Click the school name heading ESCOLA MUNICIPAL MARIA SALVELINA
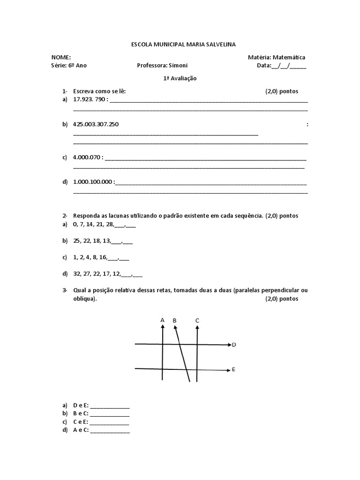tap(183, 44)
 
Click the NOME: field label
tap(61, 57)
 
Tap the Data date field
tap(281, 66)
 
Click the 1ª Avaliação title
tap(180, 79)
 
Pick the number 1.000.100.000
tap(93, 182)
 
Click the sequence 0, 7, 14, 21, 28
tap(93, 225)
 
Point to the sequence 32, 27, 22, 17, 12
tap(97, 274)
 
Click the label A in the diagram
tap(163, 320)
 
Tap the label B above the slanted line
tap(174, 321)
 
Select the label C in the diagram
tap(197, 321)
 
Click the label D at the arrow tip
tap(234, 345)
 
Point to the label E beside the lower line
tap(233, 370)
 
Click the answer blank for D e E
tap(110, 406)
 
